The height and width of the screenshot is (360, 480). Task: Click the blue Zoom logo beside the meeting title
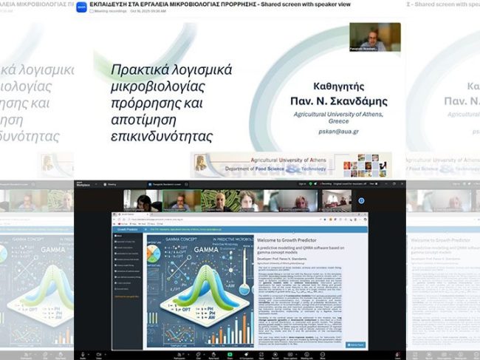click(80, 7)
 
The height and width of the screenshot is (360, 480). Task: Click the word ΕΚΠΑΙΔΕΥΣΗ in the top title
click(113, 4)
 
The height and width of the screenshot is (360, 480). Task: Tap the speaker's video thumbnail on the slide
click(374, 36)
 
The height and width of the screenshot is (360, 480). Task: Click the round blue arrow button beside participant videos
click(361, 200)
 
